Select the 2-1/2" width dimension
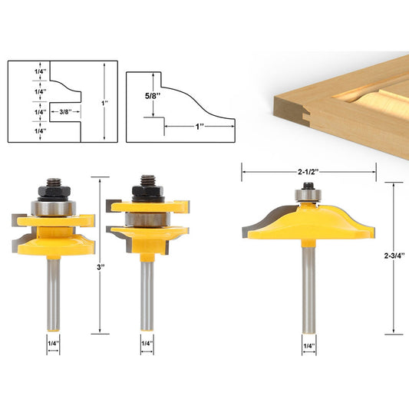tap(308, 172)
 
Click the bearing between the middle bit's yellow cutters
tap(146, 219)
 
